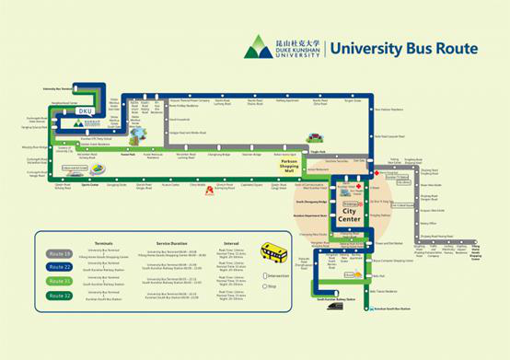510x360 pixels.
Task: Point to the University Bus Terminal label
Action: click(x=61, y=89)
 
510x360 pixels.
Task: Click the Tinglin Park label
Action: click(x=317, y=152)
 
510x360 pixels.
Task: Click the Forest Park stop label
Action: click(x=128, y=155)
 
